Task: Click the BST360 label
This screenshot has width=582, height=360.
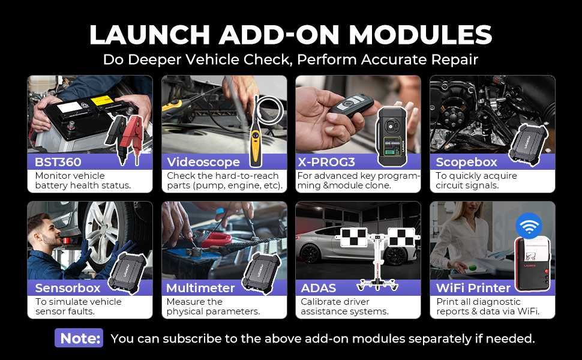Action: (x=58, y=162)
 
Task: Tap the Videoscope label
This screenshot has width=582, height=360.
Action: (x=203, y=162)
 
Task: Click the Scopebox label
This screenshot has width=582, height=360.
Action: (x=466, y=162)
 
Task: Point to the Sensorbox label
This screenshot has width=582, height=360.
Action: (x=67, y=288)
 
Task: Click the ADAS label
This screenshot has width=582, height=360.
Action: (x=318, y=288)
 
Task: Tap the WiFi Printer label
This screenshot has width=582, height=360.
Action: (x=473, y=288)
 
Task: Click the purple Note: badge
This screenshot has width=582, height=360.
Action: (x=79, y=338)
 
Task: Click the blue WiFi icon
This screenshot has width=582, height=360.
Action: (x=529, y=226)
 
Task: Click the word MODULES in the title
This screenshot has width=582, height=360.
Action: (x=414, y=35)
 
